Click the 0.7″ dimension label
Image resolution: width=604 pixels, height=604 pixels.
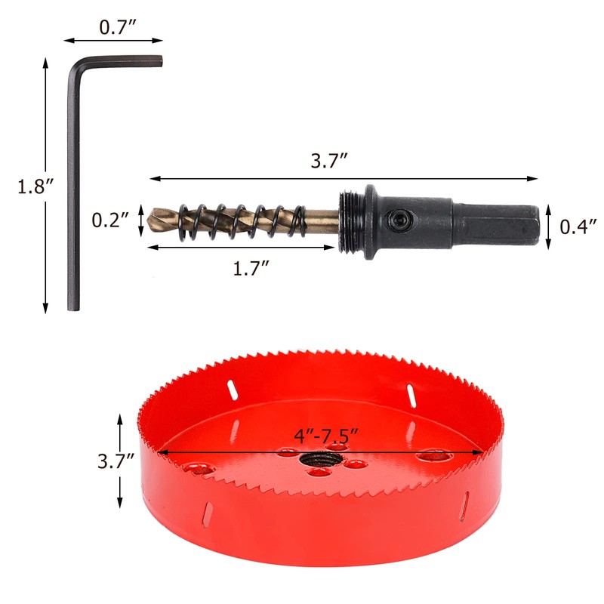(118, 27)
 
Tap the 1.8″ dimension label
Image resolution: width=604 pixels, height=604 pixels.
(35, 186)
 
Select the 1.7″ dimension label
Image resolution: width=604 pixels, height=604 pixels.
(251, 268)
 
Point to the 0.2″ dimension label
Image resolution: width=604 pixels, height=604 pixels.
(109, 220)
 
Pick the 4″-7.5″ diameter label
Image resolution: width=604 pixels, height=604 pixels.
(326, 436)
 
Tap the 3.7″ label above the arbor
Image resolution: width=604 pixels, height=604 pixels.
(329, 160)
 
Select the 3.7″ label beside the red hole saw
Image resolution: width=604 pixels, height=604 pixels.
(116, 461)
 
